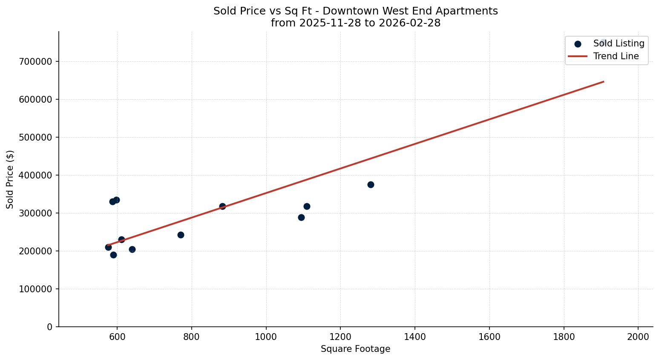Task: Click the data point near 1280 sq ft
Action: pos(371,184)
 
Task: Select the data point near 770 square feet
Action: pos(181,235)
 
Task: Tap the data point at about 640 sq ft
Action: pos(132,249)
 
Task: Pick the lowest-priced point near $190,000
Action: pos(113,255)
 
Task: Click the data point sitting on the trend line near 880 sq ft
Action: pos(222,206)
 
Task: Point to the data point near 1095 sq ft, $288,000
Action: pos(301,217)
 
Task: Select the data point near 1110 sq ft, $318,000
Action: pos(307,206)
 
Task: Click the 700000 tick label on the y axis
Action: pos(36,62)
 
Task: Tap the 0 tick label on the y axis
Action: pos(50,327)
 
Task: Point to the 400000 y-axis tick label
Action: pos(36,176)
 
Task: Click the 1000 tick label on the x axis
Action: pos(266,337)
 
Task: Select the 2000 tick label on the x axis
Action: pos(638,337)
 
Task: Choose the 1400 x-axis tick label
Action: pos(415,337)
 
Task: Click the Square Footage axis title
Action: pos(355,349)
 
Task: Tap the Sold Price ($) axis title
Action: pos(10,179)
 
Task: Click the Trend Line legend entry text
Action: pos(616,56)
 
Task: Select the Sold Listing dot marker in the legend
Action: pos(578,44)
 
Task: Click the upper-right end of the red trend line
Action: pos(603,81)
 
